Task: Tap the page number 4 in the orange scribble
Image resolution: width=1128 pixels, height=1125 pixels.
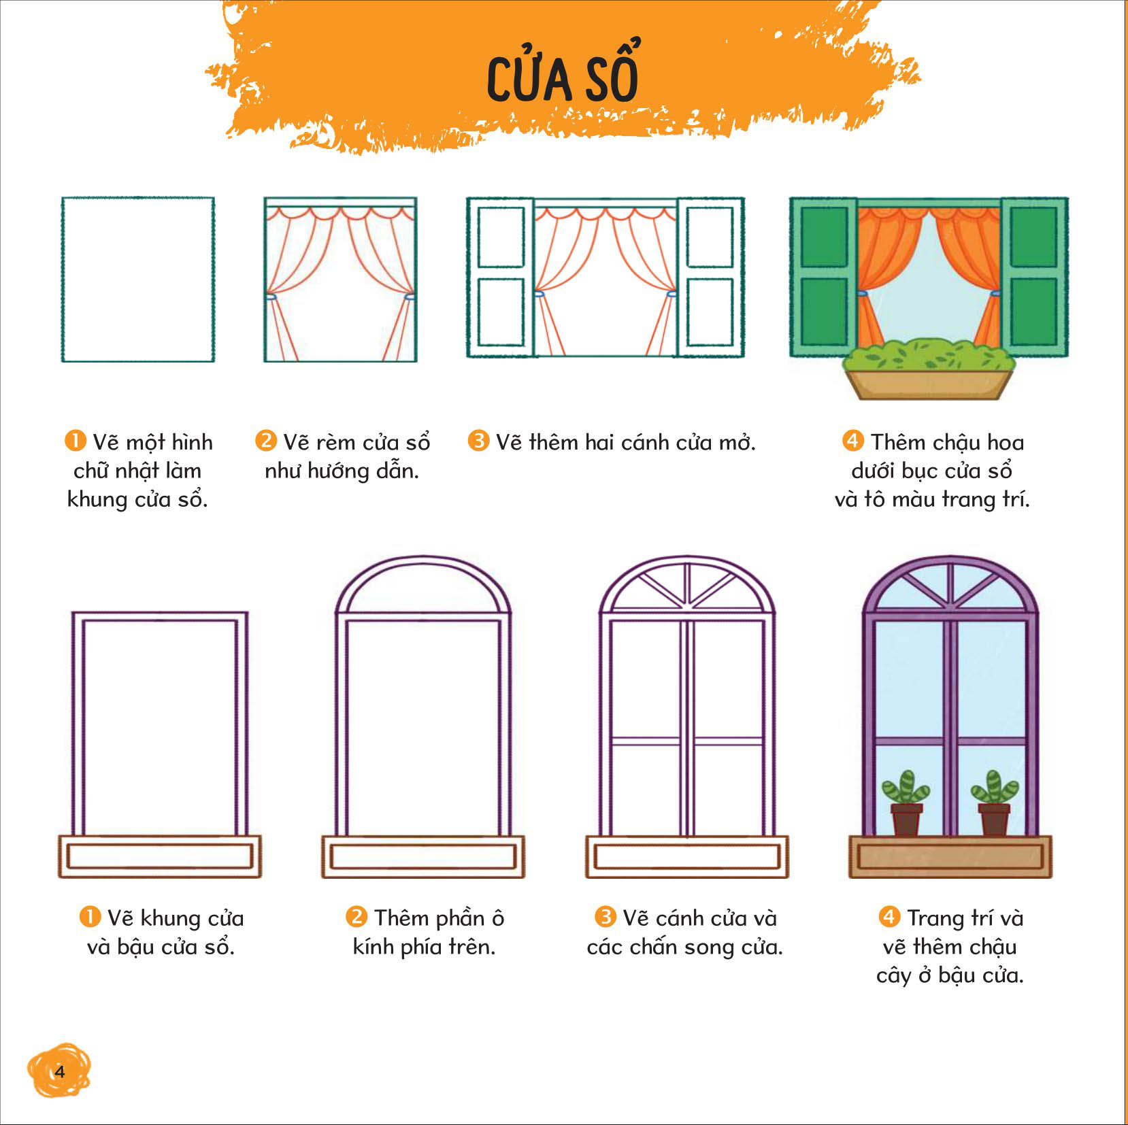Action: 60,1072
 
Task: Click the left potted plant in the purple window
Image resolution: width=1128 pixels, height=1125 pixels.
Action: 906,803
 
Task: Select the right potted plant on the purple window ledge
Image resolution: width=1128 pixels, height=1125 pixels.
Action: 994,803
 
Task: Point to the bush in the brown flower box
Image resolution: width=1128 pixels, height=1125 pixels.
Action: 929,356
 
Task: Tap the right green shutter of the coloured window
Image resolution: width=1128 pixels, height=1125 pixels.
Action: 1034,277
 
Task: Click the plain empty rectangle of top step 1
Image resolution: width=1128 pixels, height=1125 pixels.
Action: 138,280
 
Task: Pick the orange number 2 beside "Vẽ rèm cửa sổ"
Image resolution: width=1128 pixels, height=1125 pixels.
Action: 265,441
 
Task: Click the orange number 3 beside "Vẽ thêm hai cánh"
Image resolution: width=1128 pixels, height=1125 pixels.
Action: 478,441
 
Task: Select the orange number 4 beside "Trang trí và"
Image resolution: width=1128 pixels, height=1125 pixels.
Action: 889,917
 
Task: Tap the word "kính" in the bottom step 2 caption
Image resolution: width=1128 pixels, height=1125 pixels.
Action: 374,946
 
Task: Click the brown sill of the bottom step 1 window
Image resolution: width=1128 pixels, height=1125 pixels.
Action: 160,857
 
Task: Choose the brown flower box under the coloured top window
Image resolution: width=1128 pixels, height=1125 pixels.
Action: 929,384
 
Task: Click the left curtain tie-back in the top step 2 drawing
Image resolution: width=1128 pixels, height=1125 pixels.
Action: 270,297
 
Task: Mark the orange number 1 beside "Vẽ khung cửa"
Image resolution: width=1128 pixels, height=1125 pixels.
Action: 90,917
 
